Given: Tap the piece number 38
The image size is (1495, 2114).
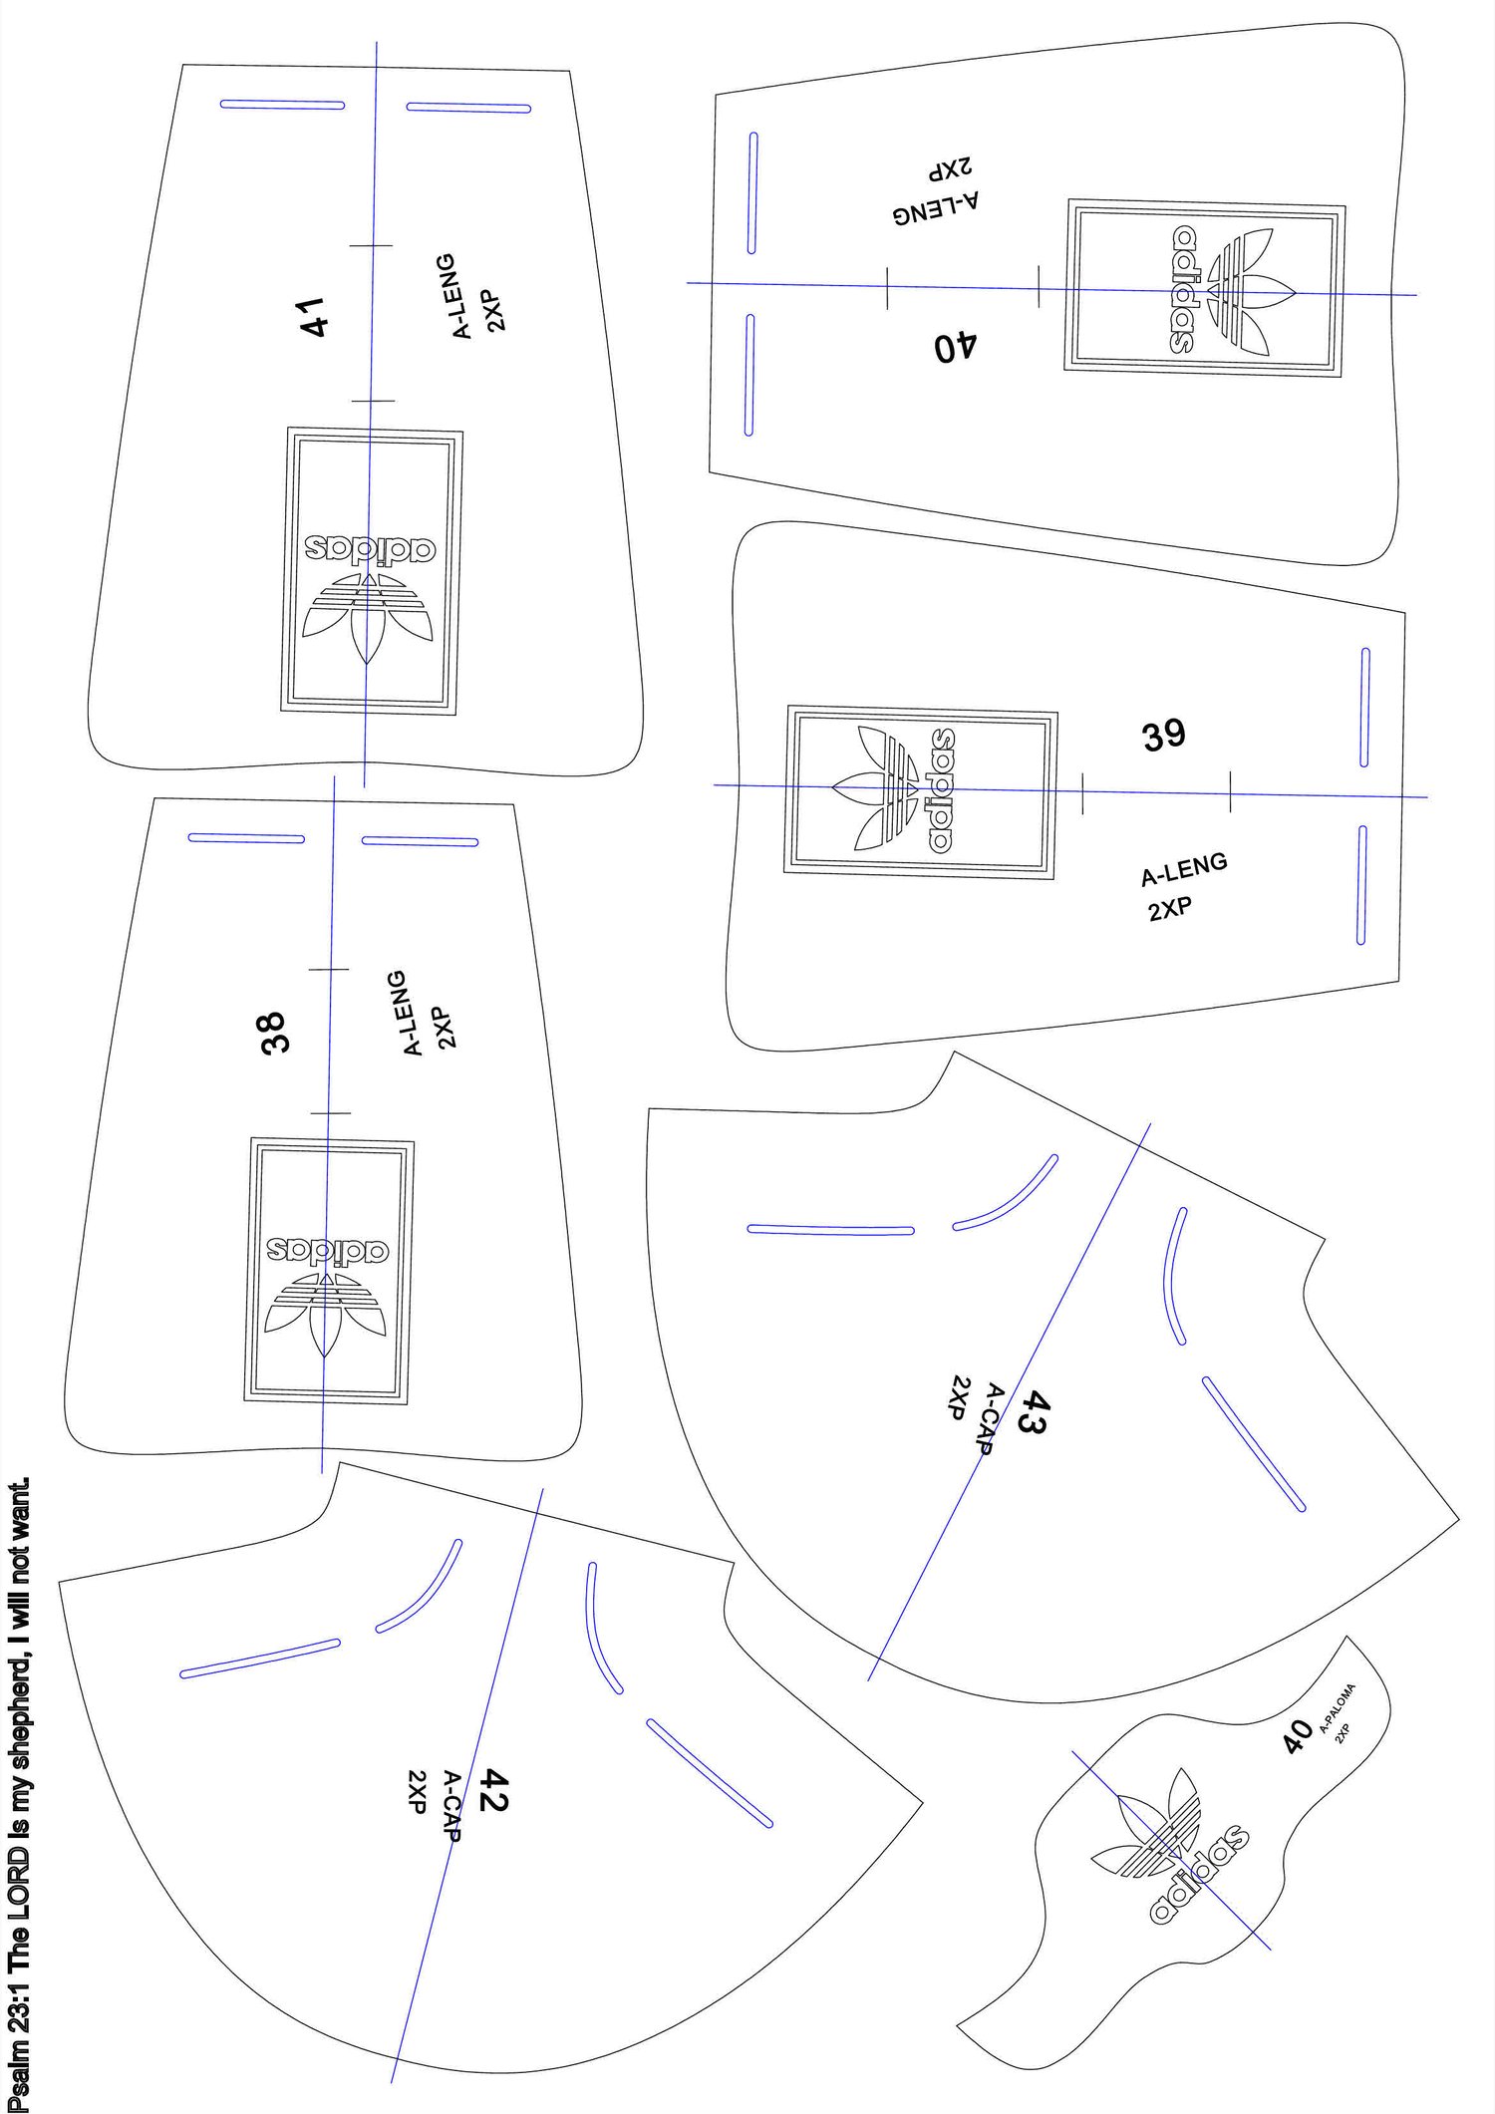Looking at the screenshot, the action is tap(272, 1033).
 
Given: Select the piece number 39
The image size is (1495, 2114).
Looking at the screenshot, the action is tap(1164, 735).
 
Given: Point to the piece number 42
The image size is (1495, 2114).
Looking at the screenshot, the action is tap(494, 1789).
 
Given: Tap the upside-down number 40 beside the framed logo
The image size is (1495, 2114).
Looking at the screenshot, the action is tap(956, 347).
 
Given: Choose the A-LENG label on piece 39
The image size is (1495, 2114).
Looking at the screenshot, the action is tap(1184, 869).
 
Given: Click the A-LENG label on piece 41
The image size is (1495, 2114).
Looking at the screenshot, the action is tap(463, 297).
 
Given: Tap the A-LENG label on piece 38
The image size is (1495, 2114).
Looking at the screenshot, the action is tap(415, 1013).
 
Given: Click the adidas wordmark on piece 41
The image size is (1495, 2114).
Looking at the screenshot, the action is tap(371, 548).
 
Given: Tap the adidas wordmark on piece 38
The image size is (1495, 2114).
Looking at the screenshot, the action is tap(327, 1252).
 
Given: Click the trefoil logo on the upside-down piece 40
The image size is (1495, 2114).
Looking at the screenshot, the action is tap(1250, 291).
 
